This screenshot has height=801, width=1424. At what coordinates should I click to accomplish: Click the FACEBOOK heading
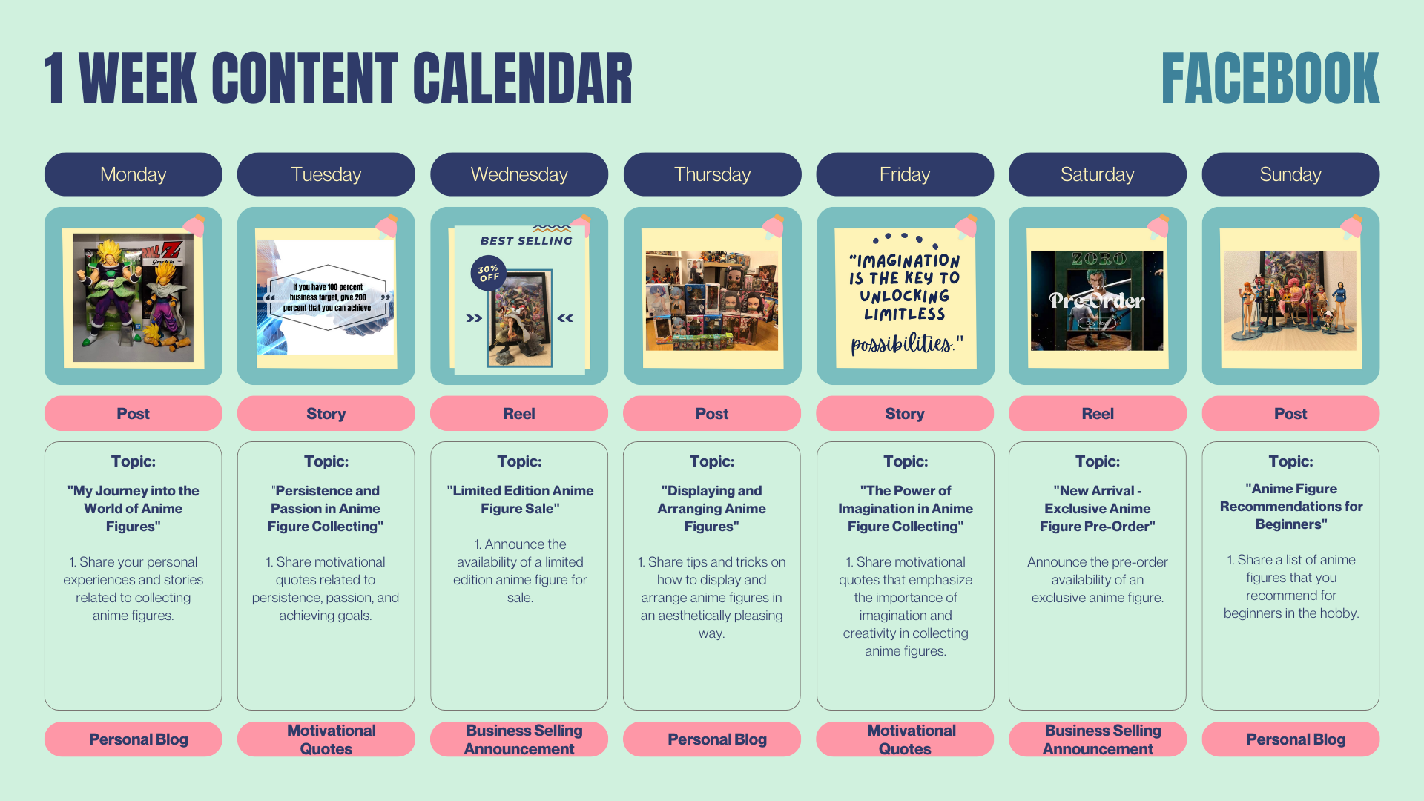pyautogui.click(x=1270, y=79)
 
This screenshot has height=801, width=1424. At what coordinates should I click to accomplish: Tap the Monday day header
pyautogui.click(x=133, y=174)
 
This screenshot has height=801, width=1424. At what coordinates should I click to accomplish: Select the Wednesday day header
pyautogui.click(x=519, y=174)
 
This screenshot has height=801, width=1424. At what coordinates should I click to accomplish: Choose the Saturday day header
pyautogui.click(x=1098, y=174)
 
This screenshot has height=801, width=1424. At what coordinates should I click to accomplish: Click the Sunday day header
pyautogui.click(x=1290, y=174)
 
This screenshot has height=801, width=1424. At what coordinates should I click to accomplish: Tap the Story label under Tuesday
pyautogui.click(x=326, y=413)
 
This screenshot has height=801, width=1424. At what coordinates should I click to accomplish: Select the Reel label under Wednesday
pyautogui.click(x=519, y=413)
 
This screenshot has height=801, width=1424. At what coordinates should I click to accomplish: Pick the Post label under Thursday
pyautogui.click(x=712, y=413)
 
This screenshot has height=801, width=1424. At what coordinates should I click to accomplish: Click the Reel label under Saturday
pyautogui.click(x=1098, y=413)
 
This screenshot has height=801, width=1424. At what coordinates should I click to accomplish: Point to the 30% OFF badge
pyautogui.click(x=489, y=274)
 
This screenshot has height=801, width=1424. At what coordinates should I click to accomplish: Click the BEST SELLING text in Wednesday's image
pyautogui.click(x=526, y=241)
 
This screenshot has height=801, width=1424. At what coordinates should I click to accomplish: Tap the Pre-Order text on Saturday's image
pyautogui.click(x=1097, y=300)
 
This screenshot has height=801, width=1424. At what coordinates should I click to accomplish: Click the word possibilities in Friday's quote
pyautogui.click(x=902, y=343)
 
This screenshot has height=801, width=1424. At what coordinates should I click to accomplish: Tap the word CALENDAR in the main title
pyautogui.click(x=523, y=79)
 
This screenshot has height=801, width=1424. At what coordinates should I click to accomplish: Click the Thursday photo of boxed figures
pyautogui.click(x=712, y=300)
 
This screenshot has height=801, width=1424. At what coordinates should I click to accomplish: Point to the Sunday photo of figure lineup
pyautogui.click(x=1290, y=300)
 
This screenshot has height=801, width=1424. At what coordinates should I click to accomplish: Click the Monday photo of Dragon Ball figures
pyautogui.click(x=133, y=298)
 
